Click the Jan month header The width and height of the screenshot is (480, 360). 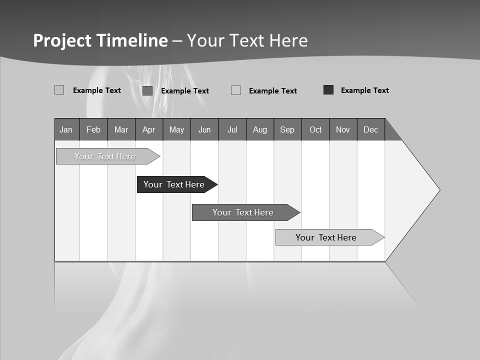pos(66,129)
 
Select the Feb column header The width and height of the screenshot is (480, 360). pos(93,129)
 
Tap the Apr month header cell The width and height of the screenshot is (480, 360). pos(148,129)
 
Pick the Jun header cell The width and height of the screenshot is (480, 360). pos(204,129)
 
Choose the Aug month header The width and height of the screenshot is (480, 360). pos(259,129)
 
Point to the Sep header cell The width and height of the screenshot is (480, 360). pos(287,129)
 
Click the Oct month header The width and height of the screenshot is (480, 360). pos(315,129)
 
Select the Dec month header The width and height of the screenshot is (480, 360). pos(370,129)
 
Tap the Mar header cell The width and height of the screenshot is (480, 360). pos(121,129)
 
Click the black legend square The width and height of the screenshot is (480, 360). pos(328,90)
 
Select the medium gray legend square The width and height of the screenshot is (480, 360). pos(147,90)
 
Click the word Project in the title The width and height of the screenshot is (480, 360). pos(62,40)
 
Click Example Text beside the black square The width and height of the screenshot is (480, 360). pos(364,90)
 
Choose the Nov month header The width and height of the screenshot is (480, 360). pos(343,129)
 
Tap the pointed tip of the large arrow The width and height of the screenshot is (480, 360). pos(438,190)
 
